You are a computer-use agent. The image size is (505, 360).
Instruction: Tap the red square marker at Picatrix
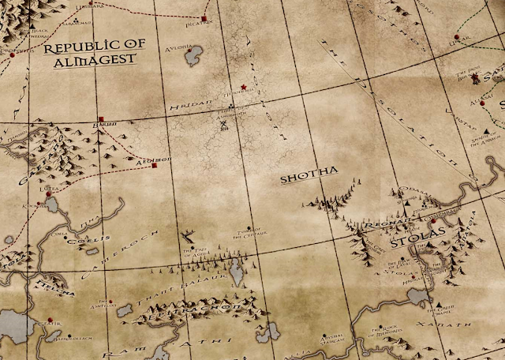click(x=204, y=17)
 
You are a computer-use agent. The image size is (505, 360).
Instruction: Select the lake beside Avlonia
click(x=193, y=54)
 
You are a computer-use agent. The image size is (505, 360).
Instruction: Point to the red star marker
click(x=243, y=86)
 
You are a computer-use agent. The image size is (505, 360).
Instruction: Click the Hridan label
click(x=181, y=105)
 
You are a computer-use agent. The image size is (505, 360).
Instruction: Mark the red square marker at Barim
click(x=101, y=119)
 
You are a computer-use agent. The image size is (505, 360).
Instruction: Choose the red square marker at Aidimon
click(x=155, y=166)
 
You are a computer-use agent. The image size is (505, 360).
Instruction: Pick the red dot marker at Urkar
click(x=456, y=36)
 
